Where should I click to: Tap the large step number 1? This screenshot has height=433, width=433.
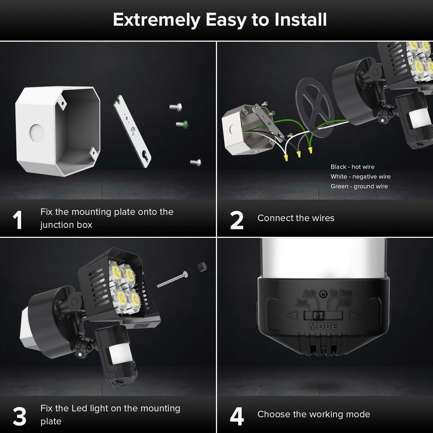(18, 220)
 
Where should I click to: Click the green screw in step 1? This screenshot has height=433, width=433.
(183, 124)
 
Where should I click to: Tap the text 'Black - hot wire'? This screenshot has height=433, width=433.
(352, 167)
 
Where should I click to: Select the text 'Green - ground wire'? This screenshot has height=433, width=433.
(359, 186)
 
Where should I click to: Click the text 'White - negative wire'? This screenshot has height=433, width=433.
(360, 176)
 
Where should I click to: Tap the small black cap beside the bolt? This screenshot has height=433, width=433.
(202, 267)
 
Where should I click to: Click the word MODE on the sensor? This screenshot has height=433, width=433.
(323, 326)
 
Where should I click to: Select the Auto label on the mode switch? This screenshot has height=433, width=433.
(310, 293)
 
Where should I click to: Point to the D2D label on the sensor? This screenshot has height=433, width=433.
(345, 302)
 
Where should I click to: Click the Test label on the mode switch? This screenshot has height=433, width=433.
(302, 302)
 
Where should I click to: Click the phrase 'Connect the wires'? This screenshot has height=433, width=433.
(296, 218)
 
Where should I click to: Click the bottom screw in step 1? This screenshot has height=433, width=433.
(196, 162)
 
